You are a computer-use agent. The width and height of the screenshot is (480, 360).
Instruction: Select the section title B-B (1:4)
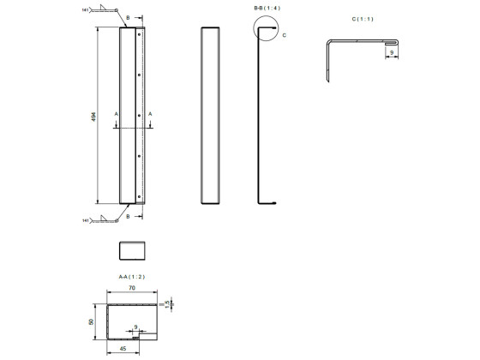(x=266, y=8)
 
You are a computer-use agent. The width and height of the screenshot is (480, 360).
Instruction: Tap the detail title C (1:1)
(x=363, y=18)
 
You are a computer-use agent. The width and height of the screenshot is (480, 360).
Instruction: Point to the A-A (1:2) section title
(x=131, y=276)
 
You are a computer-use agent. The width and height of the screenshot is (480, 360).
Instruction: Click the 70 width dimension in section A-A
(x=131, y=291)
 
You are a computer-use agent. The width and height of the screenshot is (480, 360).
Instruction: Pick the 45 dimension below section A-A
(x=123, y=349)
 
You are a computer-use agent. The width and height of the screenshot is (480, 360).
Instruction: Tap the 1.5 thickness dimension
(x=168, y=303)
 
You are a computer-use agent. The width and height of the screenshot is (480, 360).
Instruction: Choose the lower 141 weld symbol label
(x=86, y=220)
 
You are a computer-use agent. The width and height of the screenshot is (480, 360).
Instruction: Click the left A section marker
(x=116, y=113)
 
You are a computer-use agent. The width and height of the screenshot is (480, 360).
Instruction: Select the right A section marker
(x=150, y=113)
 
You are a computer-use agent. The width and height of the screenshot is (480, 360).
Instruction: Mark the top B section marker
(x=128, y=17)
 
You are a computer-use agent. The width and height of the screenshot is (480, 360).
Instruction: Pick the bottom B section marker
(x=128, y=217)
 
